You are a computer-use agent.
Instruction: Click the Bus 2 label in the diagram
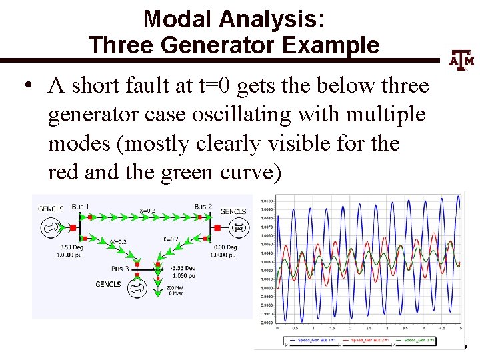(203, 207)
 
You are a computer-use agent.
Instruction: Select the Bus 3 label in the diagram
(121, 269)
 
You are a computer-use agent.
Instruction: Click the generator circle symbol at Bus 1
(50, 228)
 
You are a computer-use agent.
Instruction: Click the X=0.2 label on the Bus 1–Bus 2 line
(148, 211)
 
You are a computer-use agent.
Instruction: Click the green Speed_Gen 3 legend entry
(414, 341)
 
